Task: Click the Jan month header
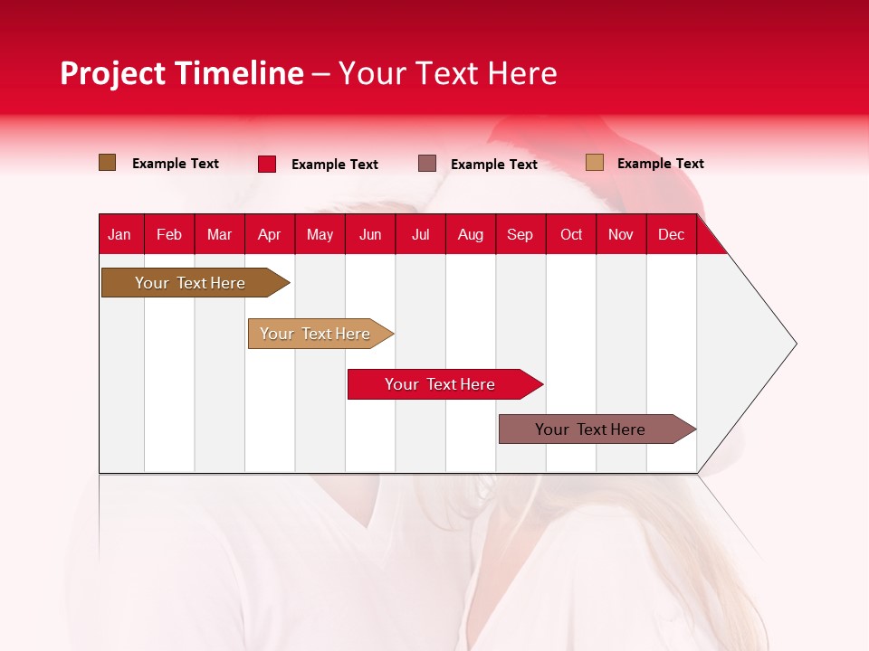coord(119,234)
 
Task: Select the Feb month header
coord(169,234)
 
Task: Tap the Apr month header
coord(269,234)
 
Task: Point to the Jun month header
coord(370,234)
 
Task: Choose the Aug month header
coord(470,234)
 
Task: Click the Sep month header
coord(520,234)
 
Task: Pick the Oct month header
coord(571,234)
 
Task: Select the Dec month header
coord(671,234)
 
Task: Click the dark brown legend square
coord(108,163)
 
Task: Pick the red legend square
coord(267,164)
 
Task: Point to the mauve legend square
coord(427,164)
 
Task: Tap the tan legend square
coord(595,163)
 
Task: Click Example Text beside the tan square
coord(660,164)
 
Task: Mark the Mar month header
coord(219,234)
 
